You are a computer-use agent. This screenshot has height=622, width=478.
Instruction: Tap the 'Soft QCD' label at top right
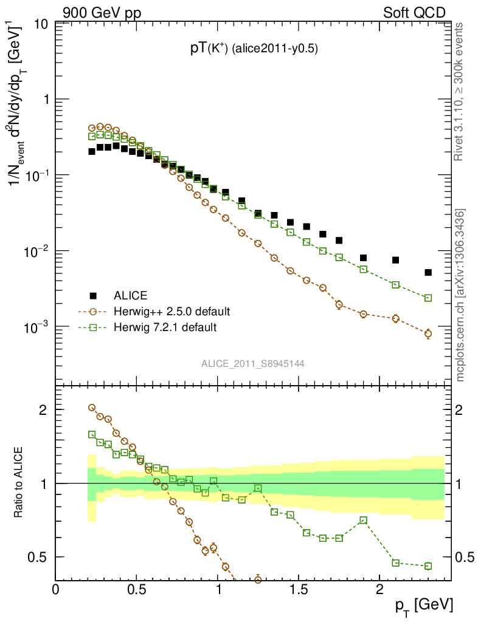click(414, 13)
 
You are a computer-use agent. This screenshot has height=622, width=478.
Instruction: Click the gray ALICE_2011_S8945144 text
click(253, 363)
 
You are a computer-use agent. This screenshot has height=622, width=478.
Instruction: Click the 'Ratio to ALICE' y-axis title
click(19, 483)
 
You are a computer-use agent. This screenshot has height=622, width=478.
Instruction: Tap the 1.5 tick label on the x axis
click(298, 590)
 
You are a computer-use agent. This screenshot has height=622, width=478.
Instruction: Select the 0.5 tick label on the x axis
click(136, 590)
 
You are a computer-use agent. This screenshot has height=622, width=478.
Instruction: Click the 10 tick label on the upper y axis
click(41, 24)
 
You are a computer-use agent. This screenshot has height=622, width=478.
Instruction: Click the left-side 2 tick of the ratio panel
click(43, 409)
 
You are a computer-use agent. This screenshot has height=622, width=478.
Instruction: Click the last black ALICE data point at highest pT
click(428, 273)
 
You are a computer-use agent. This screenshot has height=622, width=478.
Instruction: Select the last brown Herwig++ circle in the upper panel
click(428, 333)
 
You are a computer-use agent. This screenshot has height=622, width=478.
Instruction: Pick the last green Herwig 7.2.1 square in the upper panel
click(428, 298)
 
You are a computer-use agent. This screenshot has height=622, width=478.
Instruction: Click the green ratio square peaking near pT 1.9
click(363, 520)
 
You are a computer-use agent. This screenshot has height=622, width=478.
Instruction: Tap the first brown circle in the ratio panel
click(92, 408)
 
